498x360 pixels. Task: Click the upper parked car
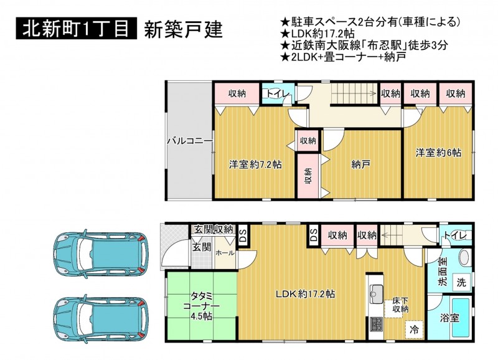(101, 253)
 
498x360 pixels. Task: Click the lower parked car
(101, 318)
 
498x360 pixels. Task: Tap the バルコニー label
(190, 140)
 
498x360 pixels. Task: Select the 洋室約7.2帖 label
(255, 164)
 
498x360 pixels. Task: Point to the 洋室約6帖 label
(438, 153)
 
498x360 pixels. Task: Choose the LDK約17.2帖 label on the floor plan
(305, 294)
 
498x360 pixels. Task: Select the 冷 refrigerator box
(414, 330)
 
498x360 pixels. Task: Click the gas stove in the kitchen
(377, 324)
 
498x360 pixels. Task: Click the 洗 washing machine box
(461, 282)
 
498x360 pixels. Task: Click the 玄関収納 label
(214, 229)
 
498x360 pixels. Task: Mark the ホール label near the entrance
(225, 253)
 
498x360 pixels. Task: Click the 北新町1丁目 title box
(76, 29)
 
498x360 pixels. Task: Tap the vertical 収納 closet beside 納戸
(308, 176)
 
